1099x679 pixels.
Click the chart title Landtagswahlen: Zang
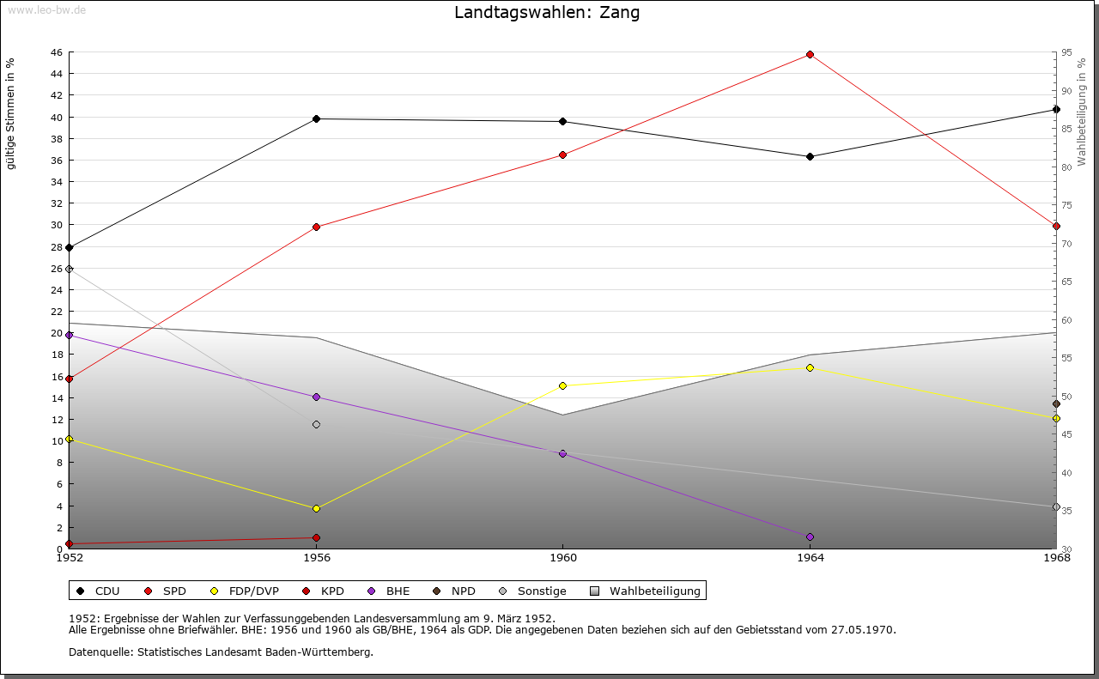547,13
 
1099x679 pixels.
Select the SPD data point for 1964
810,54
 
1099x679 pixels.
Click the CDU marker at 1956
316,118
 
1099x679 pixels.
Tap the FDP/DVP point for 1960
562,385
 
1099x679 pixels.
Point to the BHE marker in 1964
810,537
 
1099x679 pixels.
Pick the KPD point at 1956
316,537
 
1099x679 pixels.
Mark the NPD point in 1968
1056,403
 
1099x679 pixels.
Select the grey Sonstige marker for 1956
316,424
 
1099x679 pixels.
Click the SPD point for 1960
562,155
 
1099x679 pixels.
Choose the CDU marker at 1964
810,156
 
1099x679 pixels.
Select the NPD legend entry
463,591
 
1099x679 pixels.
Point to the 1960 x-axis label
562,558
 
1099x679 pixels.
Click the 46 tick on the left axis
56,52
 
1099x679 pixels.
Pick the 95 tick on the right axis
1066,52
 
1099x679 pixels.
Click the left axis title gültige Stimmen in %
10,113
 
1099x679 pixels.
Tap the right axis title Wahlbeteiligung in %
1082,112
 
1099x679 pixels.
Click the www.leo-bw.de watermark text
46,9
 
